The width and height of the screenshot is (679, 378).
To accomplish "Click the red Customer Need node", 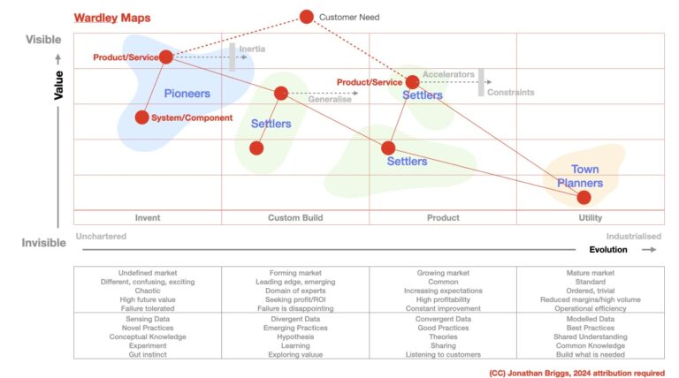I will click(307, 16).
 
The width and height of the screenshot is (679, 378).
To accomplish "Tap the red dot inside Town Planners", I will click(584, 197).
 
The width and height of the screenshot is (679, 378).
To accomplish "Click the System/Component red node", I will click(141, 117).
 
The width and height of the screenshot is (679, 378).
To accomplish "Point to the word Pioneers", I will click(186, 93).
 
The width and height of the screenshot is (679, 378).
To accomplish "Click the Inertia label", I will click(251, 49).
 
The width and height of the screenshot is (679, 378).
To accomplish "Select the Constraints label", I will click(511, 92).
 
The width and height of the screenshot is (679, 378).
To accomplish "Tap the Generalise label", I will click(330, 99).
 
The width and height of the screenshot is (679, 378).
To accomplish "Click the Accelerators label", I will click(448, 75).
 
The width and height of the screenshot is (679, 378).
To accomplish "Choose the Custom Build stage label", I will click(295, 218).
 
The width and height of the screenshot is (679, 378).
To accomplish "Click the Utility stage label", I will click(590, 218).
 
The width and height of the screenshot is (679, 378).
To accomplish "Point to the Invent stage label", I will click(148, 218).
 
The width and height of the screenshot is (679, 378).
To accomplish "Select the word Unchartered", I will click(102, 237).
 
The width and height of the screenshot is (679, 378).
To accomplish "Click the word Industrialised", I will click(634, 237).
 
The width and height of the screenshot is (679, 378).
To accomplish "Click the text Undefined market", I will click(148, 274).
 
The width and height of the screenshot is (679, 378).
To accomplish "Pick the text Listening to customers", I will click(442, 354).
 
